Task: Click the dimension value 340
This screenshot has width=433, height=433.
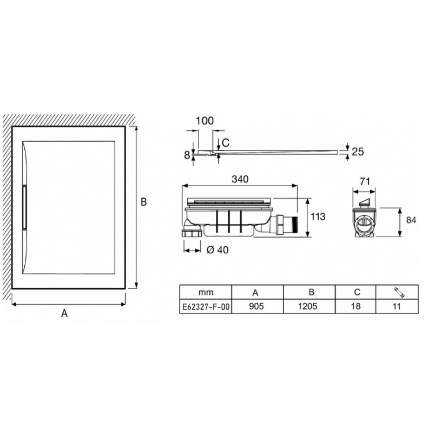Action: (x=240, y=179)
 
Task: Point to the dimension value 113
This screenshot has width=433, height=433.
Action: (x=318, y=217)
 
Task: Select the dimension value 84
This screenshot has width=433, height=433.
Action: (x=411, y=220)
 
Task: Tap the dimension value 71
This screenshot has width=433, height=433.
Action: (x=365, y=181)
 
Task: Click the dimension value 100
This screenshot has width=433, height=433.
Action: (x=205, y=121)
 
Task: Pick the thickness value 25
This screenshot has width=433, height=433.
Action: (x=358, y=152)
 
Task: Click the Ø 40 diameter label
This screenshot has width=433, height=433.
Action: (x=218, y=250)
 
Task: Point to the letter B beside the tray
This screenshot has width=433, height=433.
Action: (x=143, y=202)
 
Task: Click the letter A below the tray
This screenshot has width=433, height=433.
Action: (x=64, y=313)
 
